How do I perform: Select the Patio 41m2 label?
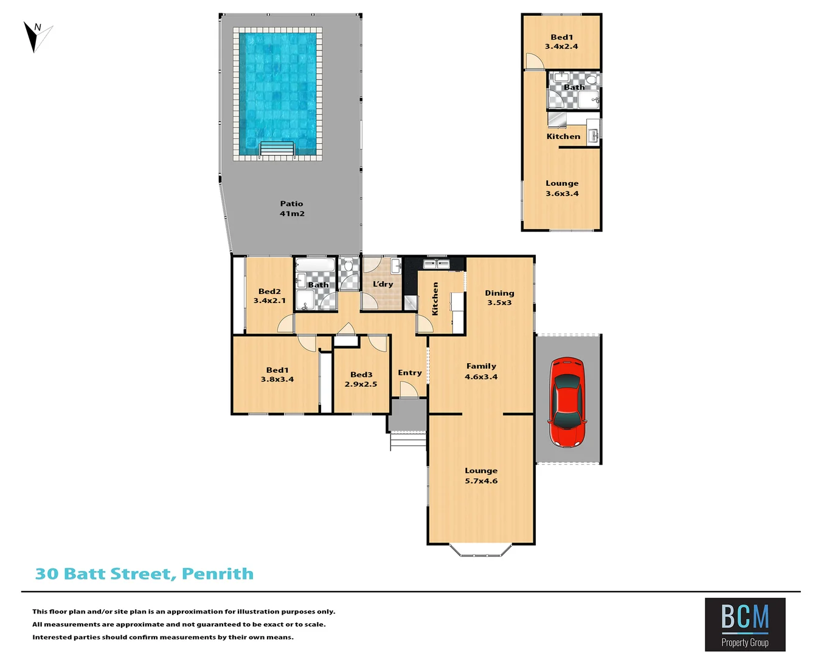click(292, 208)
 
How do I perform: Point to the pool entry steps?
click(277, 149)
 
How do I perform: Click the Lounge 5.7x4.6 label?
click(481, 476)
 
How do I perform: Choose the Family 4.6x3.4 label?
click(481, 371)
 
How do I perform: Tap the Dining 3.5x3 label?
click(499, 298)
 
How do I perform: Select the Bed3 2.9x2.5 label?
click(361, 379)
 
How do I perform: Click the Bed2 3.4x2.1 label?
click(269, 296)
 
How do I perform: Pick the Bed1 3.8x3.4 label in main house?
click(277, 374)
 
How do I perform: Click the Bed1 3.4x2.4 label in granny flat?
click(561, 41)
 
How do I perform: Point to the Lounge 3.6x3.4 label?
click(562, 188)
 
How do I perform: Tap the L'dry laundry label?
click(383, 284)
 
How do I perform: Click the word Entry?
click(410, 373)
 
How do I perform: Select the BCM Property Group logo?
click(745, 624)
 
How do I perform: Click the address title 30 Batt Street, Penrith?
click(144, 574)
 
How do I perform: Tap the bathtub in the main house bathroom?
click(314, 265)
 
